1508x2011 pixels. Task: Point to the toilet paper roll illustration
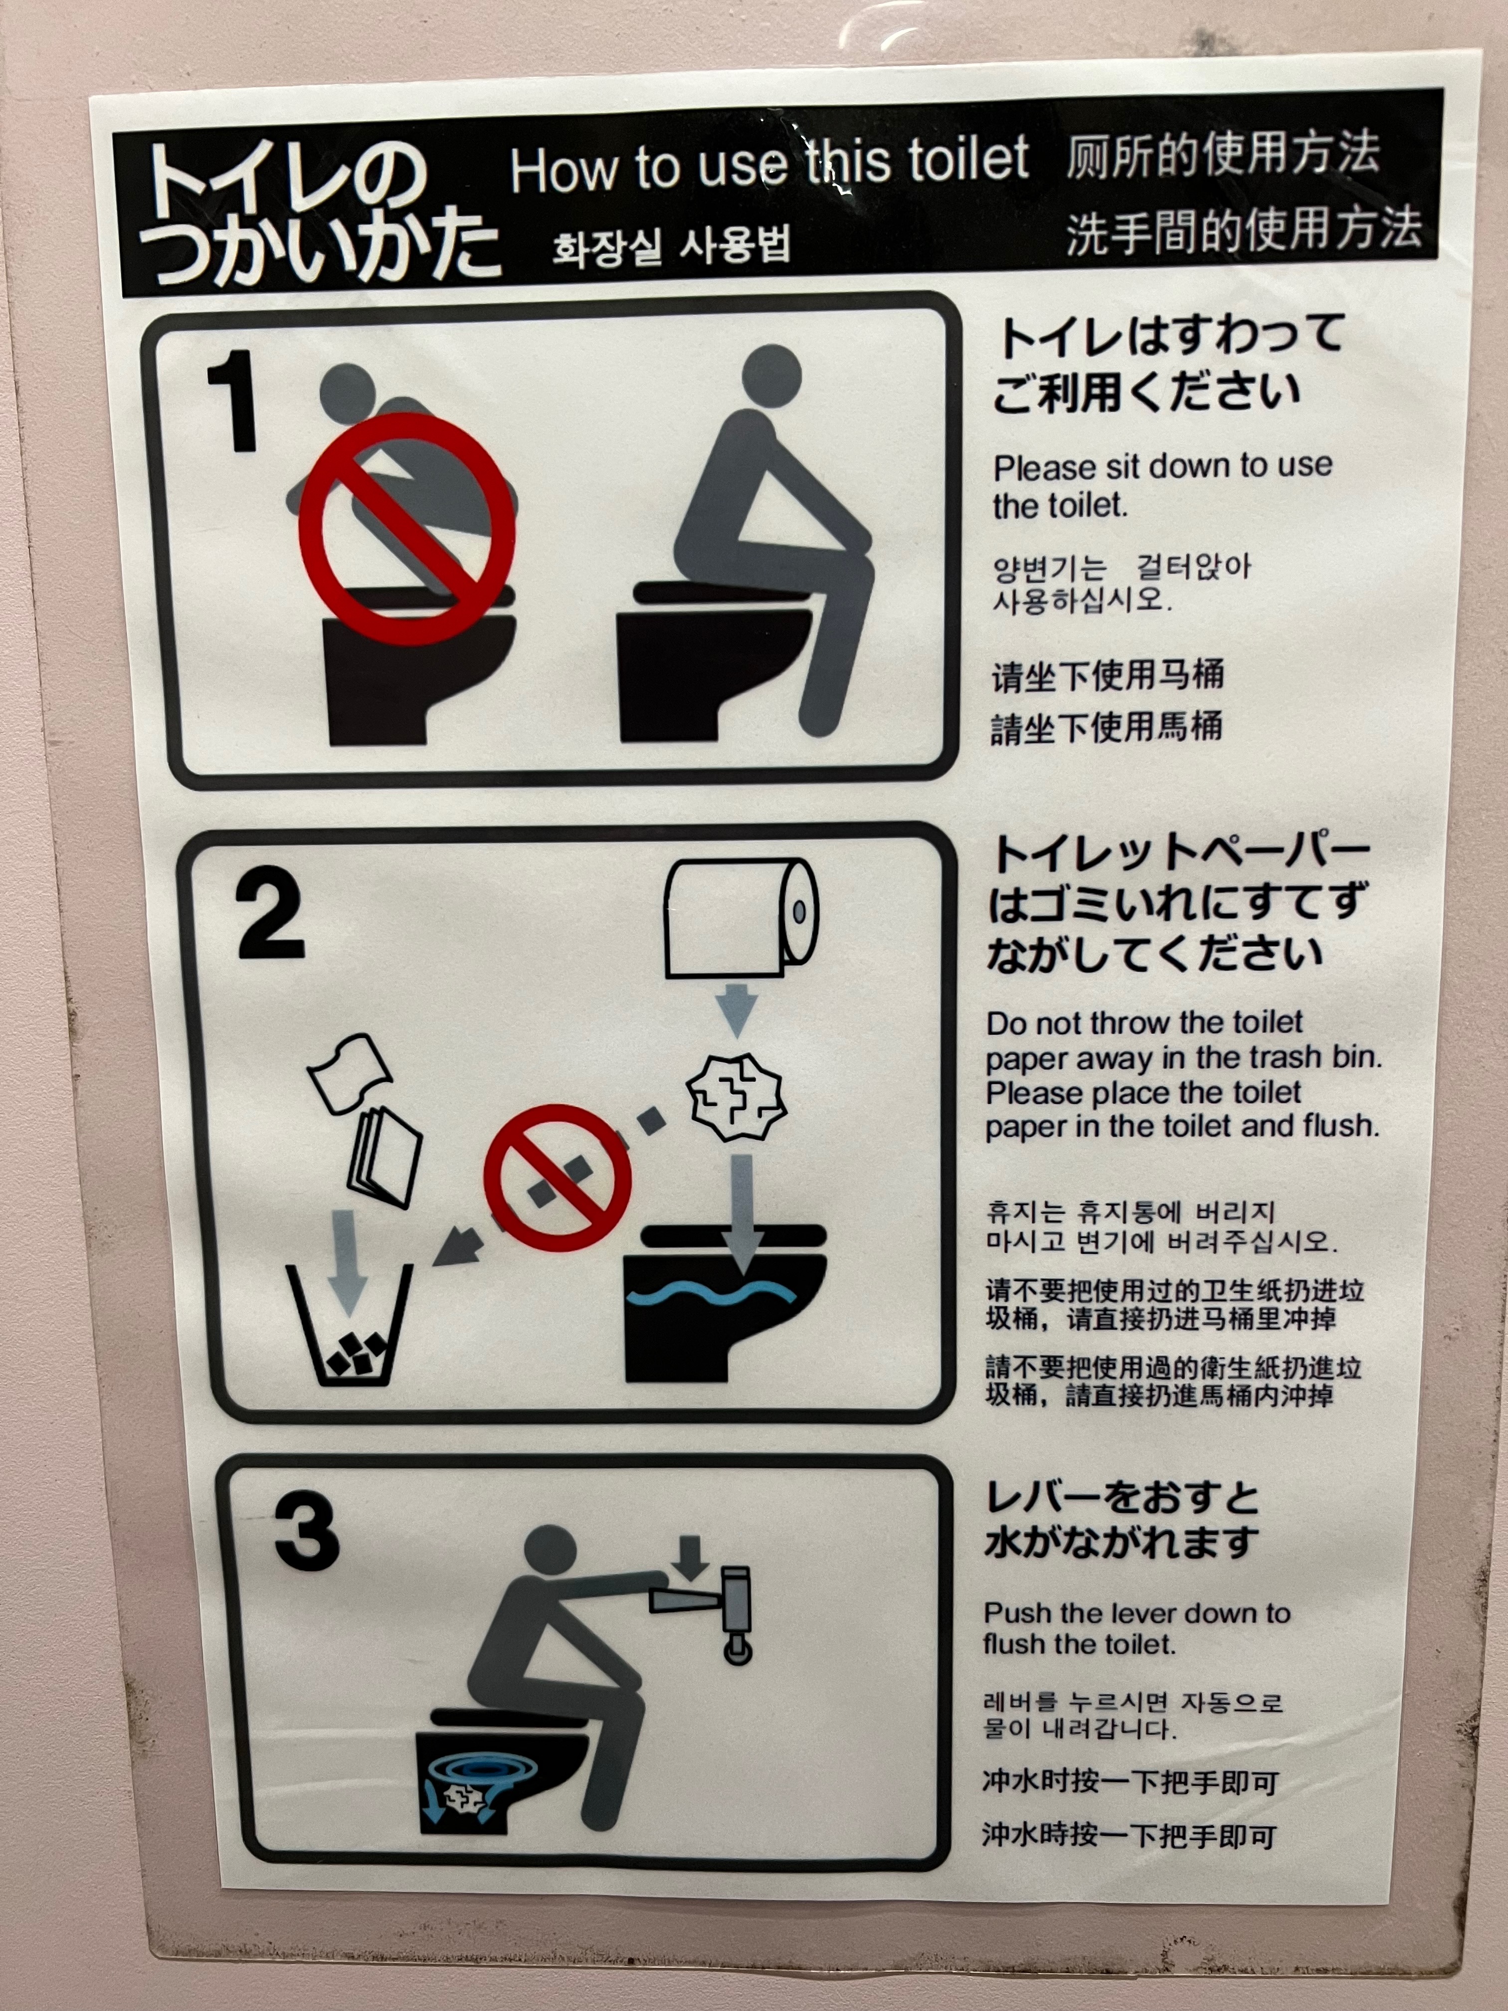pyautogui.click(x=741, y=918)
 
